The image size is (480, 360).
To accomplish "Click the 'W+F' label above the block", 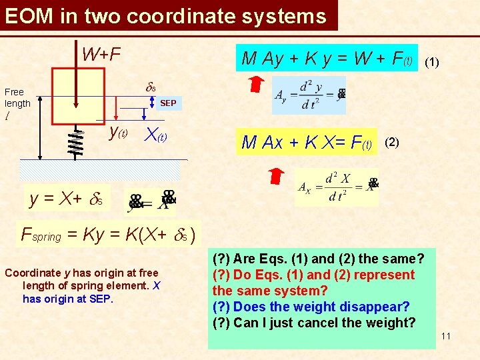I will pyautogui.click(x=101, y=53).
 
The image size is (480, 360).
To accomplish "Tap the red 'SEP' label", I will pyautogui.click(x=168, y=103).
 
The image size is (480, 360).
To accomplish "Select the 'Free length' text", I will pyautogui.click(x=17, y=97).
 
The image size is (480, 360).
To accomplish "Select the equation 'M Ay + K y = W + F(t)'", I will pyautogui.click(x=327, y=59).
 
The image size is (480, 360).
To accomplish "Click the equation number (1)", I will pyautogui.click(x=432, y=61).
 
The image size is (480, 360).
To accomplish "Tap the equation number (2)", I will pyautogui.click(x=393, y=142).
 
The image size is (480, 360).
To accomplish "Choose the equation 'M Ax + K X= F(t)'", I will pyautogui.click(x=307, y=142).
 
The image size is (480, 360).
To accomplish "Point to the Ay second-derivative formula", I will pyautogui.click(x=309, y=95).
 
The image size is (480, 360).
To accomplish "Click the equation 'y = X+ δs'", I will pyautogui.click(x=67, y=198).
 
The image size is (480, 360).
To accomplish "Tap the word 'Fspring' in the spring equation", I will pyautogui.click(x=41, y=235).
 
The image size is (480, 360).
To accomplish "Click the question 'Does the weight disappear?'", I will pyautogui.click(x=311, y=307).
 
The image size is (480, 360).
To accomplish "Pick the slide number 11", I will pyautogui.click(x=445, y=335).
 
